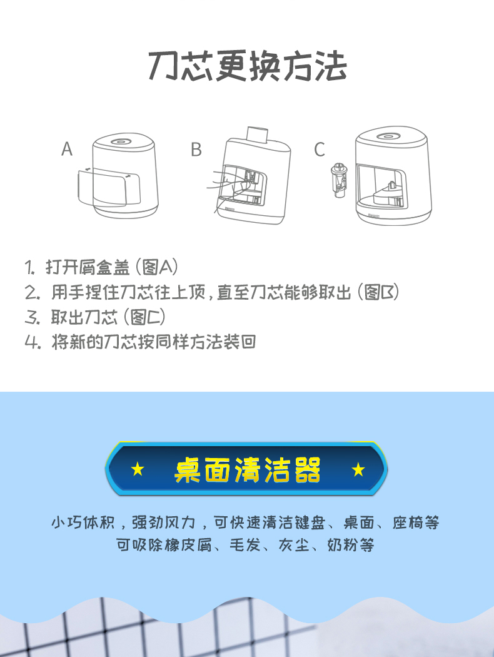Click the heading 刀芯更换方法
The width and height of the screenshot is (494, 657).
click(x=248, y=66)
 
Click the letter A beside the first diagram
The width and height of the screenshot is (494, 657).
click(x=67, y=149)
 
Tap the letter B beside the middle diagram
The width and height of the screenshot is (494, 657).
click(x=196, y=150)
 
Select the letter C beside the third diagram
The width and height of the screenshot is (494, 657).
click(x=320, y=150)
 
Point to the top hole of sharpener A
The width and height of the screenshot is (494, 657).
click(x=121, y=141)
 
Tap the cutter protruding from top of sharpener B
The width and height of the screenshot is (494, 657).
click(x=257, y=135)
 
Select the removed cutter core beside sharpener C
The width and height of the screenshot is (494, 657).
click(x=339, y=181)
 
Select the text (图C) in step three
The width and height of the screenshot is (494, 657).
click(x=144, y=317)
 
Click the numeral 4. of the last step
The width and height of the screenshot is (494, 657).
click(x=33, y=342)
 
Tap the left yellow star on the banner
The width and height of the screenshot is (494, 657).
click(x=138, y=469)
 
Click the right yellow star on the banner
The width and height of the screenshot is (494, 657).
click(x=358, y=469)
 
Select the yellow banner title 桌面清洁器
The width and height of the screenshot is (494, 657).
click(x=248, y=469)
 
